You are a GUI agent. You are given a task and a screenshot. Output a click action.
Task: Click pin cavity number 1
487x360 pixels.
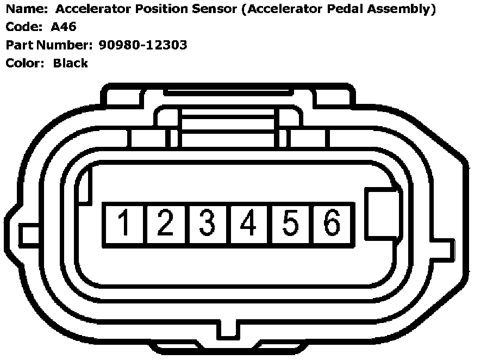[x=124, y=224]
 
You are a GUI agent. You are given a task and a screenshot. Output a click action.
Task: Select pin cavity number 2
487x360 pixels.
[x=166, y=224]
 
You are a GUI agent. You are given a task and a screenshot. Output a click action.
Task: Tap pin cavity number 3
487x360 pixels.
[x=208, y=224]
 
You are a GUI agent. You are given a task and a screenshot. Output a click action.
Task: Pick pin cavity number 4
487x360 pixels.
[x=249, y=224]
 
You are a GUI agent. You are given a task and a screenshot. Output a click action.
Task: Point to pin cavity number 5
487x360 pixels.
[x=290, y=224]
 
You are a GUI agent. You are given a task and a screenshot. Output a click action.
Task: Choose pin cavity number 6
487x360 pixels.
[x=332, y=224]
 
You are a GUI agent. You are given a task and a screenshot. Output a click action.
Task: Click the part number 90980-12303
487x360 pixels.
[x=143, y=45]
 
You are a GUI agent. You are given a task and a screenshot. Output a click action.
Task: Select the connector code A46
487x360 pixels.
[x=64, y=27]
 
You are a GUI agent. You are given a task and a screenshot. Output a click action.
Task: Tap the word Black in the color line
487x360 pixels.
[x=70, y=63]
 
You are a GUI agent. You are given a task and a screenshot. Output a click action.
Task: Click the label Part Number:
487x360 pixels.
[x=49, y=45]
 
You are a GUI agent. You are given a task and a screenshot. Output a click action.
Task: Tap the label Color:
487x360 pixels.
[x=24, y=63]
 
